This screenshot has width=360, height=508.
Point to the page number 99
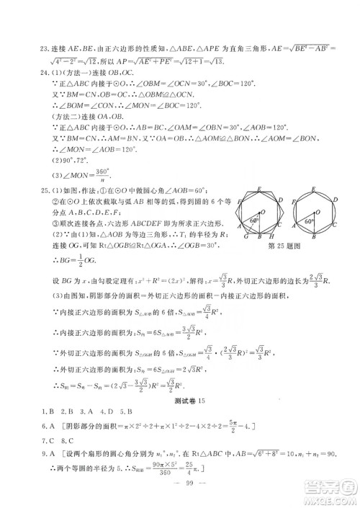pos(179,492)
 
